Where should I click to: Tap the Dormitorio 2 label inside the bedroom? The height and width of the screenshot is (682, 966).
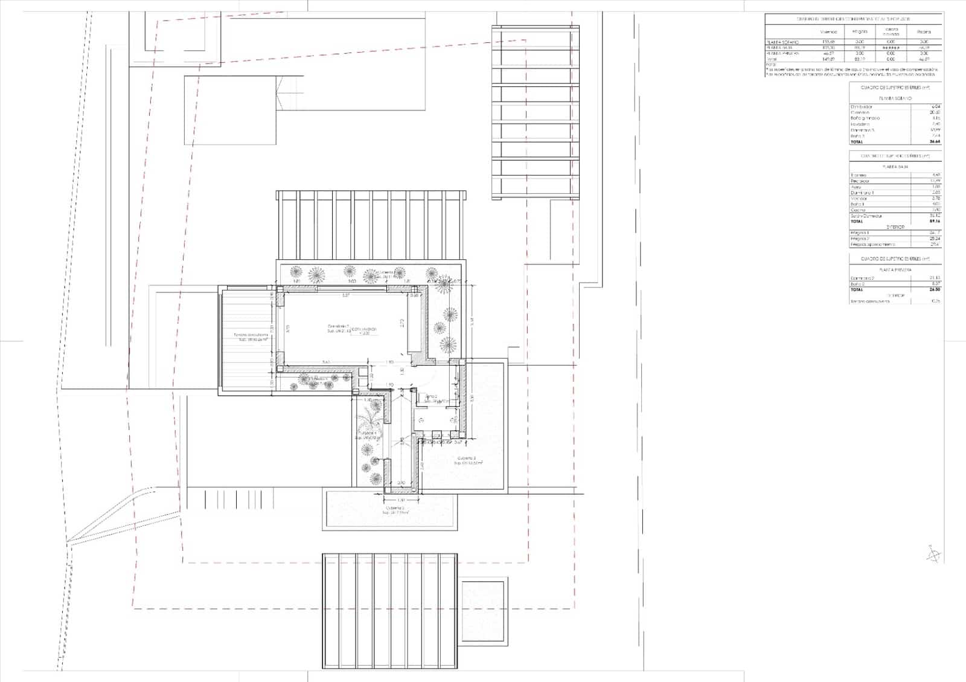(x=339, y=328)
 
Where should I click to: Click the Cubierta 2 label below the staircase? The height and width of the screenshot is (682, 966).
(x=396, y=510)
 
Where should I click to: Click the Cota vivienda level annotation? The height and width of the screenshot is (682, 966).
(x=364, y=330)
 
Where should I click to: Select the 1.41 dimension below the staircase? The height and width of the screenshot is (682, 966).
(x=400, y=500)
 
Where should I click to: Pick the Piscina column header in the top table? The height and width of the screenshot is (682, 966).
(x=924, y=31)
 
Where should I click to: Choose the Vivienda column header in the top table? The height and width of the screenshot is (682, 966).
(x=828, y=31)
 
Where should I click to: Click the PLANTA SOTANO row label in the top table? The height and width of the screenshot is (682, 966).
(x=782, y=42)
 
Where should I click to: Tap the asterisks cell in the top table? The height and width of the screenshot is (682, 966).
(x=891, y=48)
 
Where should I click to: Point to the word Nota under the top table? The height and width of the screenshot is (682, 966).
(x=770, y=65)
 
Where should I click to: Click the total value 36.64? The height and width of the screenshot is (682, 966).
(x=935, y=142)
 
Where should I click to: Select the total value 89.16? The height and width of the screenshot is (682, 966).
(x=935, y=221)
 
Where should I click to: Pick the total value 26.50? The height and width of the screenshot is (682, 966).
(x=935, y=289)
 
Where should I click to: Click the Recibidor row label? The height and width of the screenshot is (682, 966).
(x=860, y=181)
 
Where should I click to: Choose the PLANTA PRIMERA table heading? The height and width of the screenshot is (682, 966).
(x=895, y=270)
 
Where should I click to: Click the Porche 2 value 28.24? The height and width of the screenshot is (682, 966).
(x=935, y=239)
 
